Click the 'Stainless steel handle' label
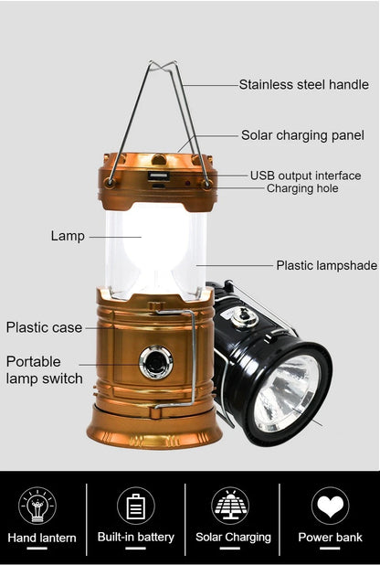tap(304, 85)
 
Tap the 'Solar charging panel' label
tap(302, 135)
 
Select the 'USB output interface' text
tap(305, 176)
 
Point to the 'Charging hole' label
tap(302, 188)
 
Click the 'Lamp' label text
tap(68, 236)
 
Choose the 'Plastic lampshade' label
tap(327, 265)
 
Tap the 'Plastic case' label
tap(45, 327)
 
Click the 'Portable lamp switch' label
tap(45, 370)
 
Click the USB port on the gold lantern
tap(158, 177)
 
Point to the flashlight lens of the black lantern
tap(287, 393)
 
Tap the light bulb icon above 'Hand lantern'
tap(37, 506)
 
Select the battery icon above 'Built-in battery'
tap(136, 506)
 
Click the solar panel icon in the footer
tap(230, 506)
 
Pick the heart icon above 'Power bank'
tap(331, 506)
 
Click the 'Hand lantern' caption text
tap(42, 538)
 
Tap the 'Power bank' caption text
tap(330, 538)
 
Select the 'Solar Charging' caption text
tap(234, 538)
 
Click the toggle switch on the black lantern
tap(244, 317)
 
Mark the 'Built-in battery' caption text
tap(136, 538)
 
